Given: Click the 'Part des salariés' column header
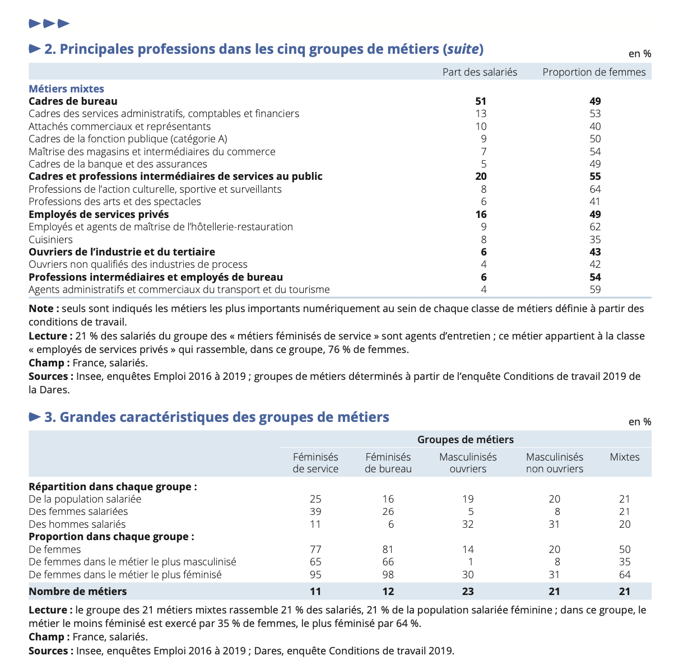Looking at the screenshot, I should click(480, 72).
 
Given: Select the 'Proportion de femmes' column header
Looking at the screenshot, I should click(594, 72).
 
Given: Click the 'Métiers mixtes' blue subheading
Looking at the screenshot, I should click(66, 89).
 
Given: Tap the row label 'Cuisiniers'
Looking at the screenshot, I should click(50, 239).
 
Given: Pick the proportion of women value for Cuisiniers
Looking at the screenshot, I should click(595, 239).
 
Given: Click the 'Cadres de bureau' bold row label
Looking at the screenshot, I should click(73, 101).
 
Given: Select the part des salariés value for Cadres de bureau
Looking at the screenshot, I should click(481, 101).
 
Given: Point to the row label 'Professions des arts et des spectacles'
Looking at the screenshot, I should click(114, 202).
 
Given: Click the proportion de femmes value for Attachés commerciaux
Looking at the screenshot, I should click(595, 127).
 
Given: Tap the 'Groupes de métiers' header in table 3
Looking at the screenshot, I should click(465, 440).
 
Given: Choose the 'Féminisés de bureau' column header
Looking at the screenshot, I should click(388, 463).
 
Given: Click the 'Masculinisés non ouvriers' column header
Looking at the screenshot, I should click(555, 463).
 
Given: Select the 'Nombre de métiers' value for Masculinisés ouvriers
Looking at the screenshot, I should click(468, 591).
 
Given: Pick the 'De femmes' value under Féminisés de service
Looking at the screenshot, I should click(315, 550).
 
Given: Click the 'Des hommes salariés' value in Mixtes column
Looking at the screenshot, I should click(625, 524).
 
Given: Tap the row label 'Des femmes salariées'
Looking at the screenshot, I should click(78, 512).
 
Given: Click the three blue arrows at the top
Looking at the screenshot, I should click(49, 24).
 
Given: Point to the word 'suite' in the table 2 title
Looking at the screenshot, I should click(463, 49).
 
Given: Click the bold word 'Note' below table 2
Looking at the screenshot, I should click(41, 309).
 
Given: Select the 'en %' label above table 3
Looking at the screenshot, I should click(640, 422).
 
